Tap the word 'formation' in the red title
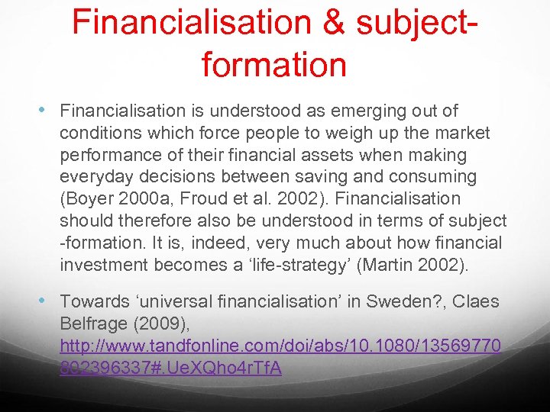click(274, 63)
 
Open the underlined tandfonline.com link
click(280, 346)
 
